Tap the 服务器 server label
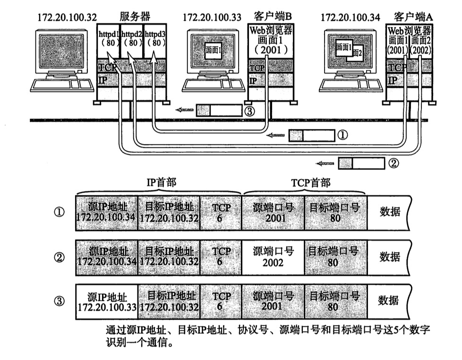[x=135, y=17]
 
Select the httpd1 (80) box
[x=108, y=38]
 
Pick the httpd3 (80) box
[x=155, y=38]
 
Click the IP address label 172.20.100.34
[x=350, y=17]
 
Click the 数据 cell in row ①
[x=389, y=212]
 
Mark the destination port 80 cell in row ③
[x=334, y=301]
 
